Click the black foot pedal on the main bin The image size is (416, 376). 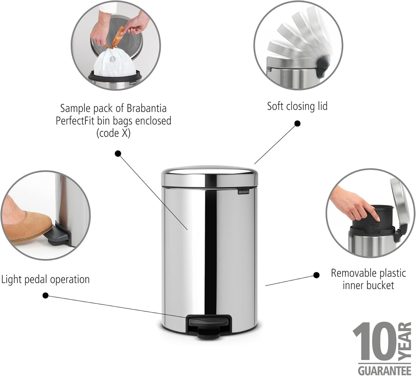209,325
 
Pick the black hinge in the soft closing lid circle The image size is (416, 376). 322,66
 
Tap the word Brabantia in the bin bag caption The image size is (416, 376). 146,108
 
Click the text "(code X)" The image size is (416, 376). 113,133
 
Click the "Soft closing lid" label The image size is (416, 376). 297,106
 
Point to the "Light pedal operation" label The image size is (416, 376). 45,279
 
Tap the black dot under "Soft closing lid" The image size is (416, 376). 298,123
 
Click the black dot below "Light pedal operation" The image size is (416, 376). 45,295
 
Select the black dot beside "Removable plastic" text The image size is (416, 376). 316,275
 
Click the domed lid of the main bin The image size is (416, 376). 209,176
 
